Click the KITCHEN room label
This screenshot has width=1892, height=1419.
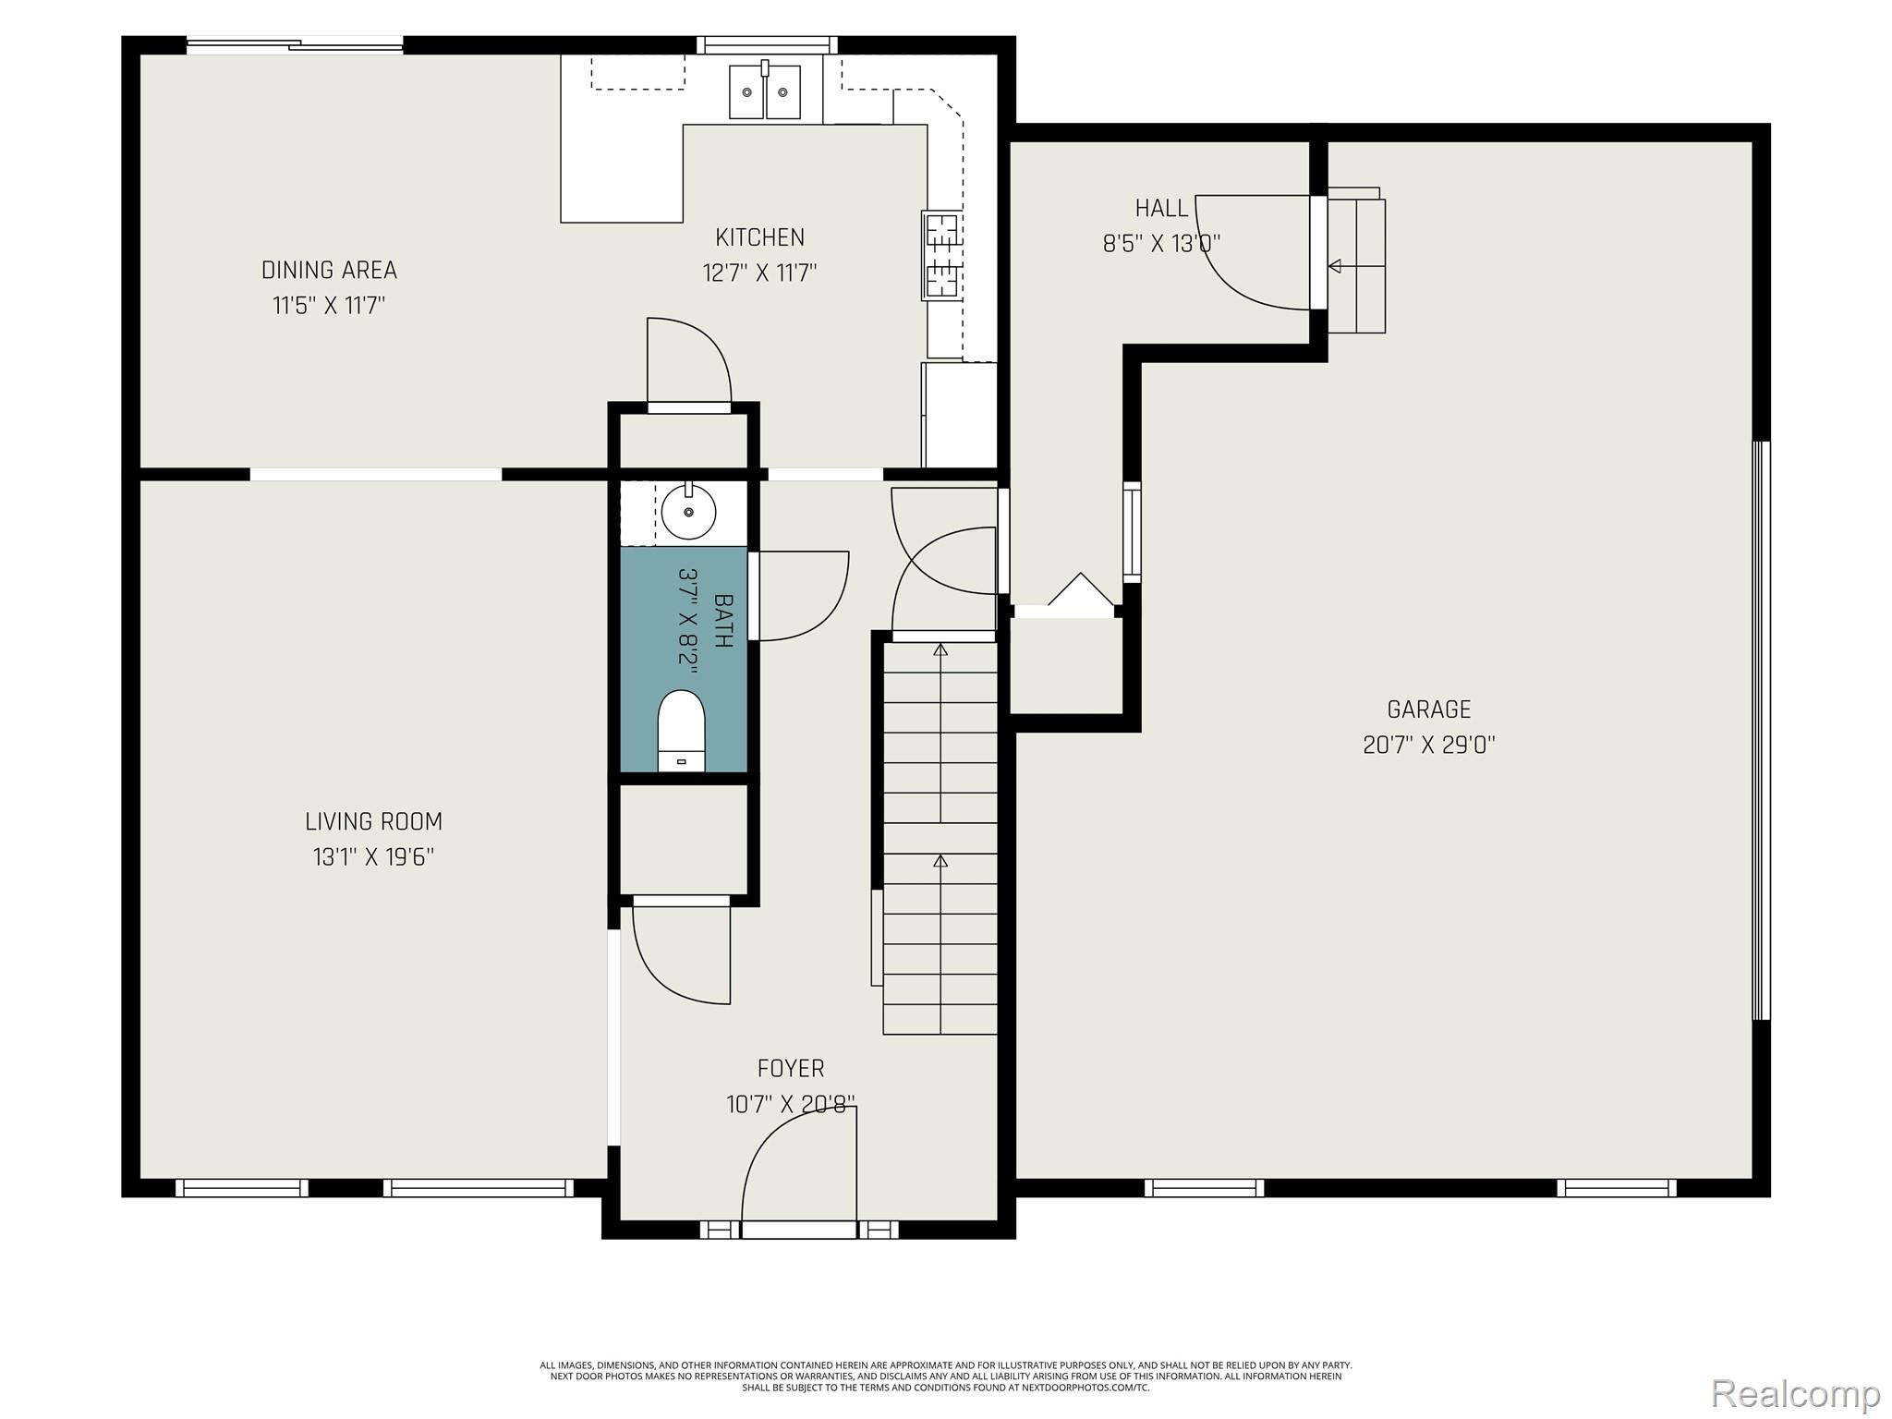(x=759, y=237)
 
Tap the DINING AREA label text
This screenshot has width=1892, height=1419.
(x=329, y=270)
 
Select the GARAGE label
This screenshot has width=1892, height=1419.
(x=1428, y=709)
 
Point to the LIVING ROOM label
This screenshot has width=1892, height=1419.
(x=373, y=821)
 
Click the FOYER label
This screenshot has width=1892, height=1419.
(x=791, y=1069)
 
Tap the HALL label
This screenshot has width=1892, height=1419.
(x=1161, y=208)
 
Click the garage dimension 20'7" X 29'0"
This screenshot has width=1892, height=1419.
(x=1428, y=745)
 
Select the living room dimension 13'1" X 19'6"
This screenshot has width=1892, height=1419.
(x=373, y=857)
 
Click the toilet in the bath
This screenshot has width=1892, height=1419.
(x=681, y=730)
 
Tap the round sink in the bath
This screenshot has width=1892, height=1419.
(x=688, y=511)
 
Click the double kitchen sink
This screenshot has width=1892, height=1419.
(x=764, y=91)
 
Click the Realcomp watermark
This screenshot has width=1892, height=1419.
(x=1795, y=1393)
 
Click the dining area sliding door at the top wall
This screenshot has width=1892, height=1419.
(x=295, y=44)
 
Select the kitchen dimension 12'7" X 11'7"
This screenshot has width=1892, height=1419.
(x=759, y=273)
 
